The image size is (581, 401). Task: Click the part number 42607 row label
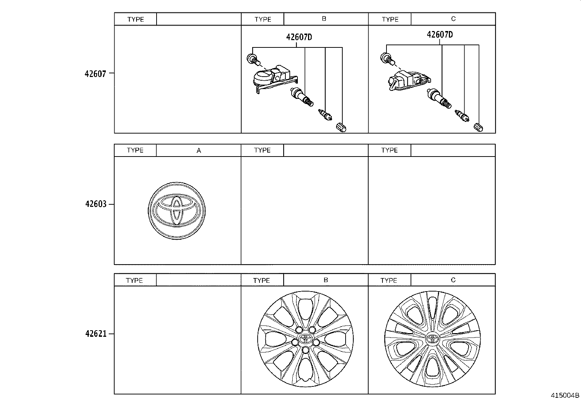coord(96,74)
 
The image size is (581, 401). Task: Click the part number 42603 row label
coord(96,204)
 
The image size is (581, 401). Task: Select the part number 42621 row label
coord(96,333)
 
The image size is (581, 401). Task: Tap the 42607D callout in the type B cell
coord(299,37)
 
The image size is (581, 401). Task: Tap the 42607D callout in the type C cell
coord(440,35)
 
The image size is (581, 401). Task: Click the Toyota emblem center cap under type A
coord(177,211)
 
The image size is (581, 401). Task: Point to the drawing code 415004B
coord(565,395)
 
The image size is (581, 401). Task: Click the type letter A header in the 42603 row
coord(199,150)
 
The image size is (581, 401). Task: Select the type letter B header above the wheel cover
coord(326,280)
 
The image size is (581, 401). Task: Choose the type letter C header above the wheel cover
coord(453,280)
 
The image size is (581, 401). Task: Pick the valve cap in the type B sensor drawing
coord(341,127)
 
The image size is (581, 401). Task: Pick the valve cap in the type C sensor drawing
coord(478,127)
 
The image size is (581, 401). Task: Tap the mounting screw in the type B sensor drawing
coord(253,59)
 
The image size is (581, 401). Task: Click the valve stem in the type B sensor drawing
coord(302,97)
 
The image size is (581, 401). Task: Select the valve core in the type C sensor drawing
coord(462,116)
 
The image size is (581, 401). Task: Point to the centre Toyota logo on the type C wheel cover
coord(432,338)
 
